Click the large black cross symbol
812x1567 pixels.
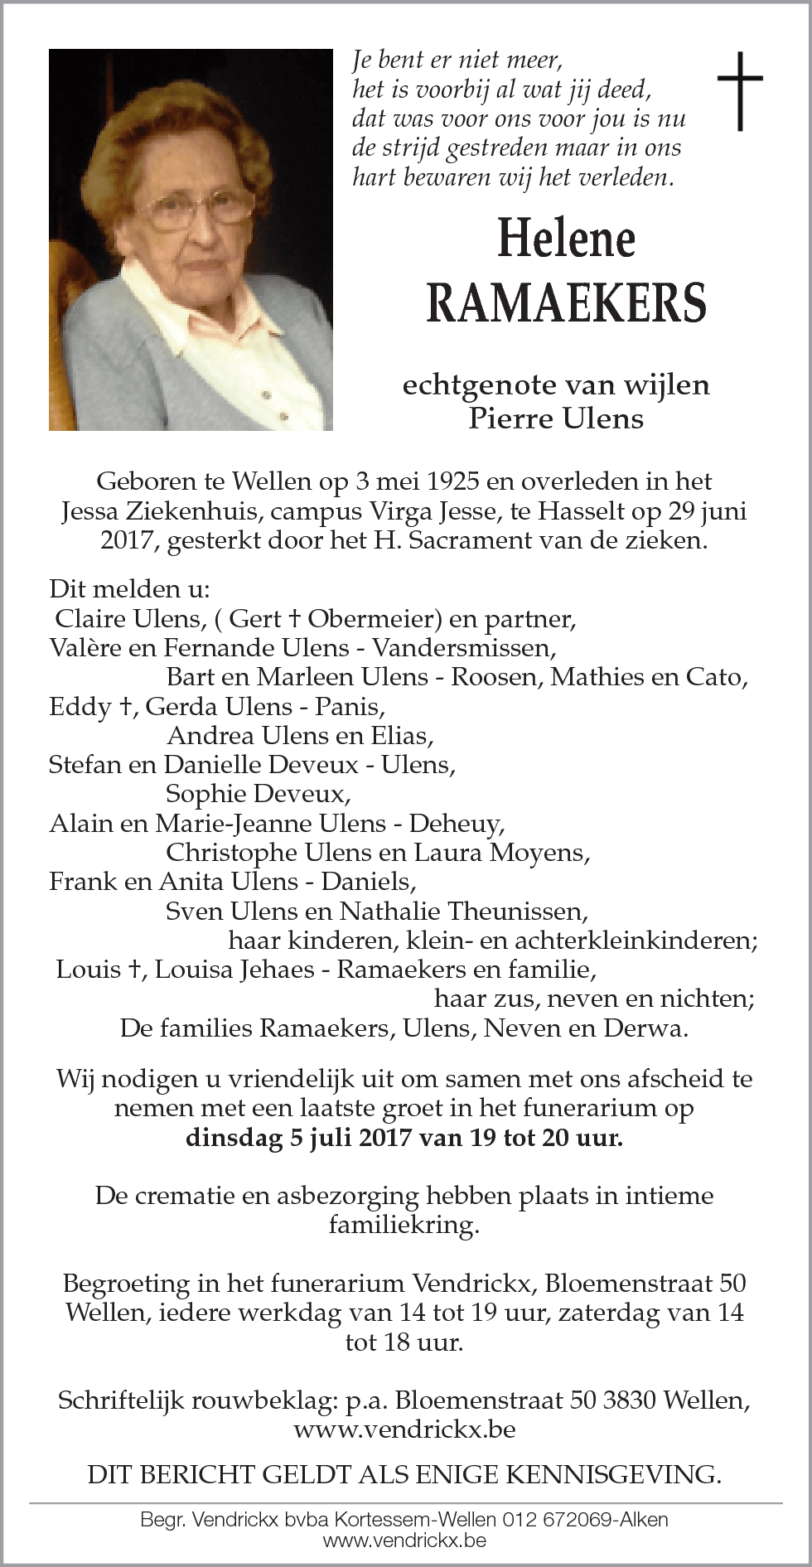pyautogui.click(x=739, y=91)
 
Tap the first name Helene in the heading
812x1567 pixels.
pyautogui.click(x=566, y=239)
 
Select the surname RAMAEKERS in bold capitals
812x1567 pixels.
pyautogui.click(x=566, y=302)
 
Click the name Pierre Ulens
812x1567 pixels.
pyautogui.click(x=555, y=418)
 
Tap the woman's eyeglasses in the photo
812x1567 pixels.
pyautogui.click(x=196, y=207)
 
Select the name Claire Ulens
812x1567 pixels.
pyautogui.click(x=128, y=619)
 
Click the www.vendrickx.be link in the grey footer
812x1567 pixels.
pyautogui.click(x=404, y=1540)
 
